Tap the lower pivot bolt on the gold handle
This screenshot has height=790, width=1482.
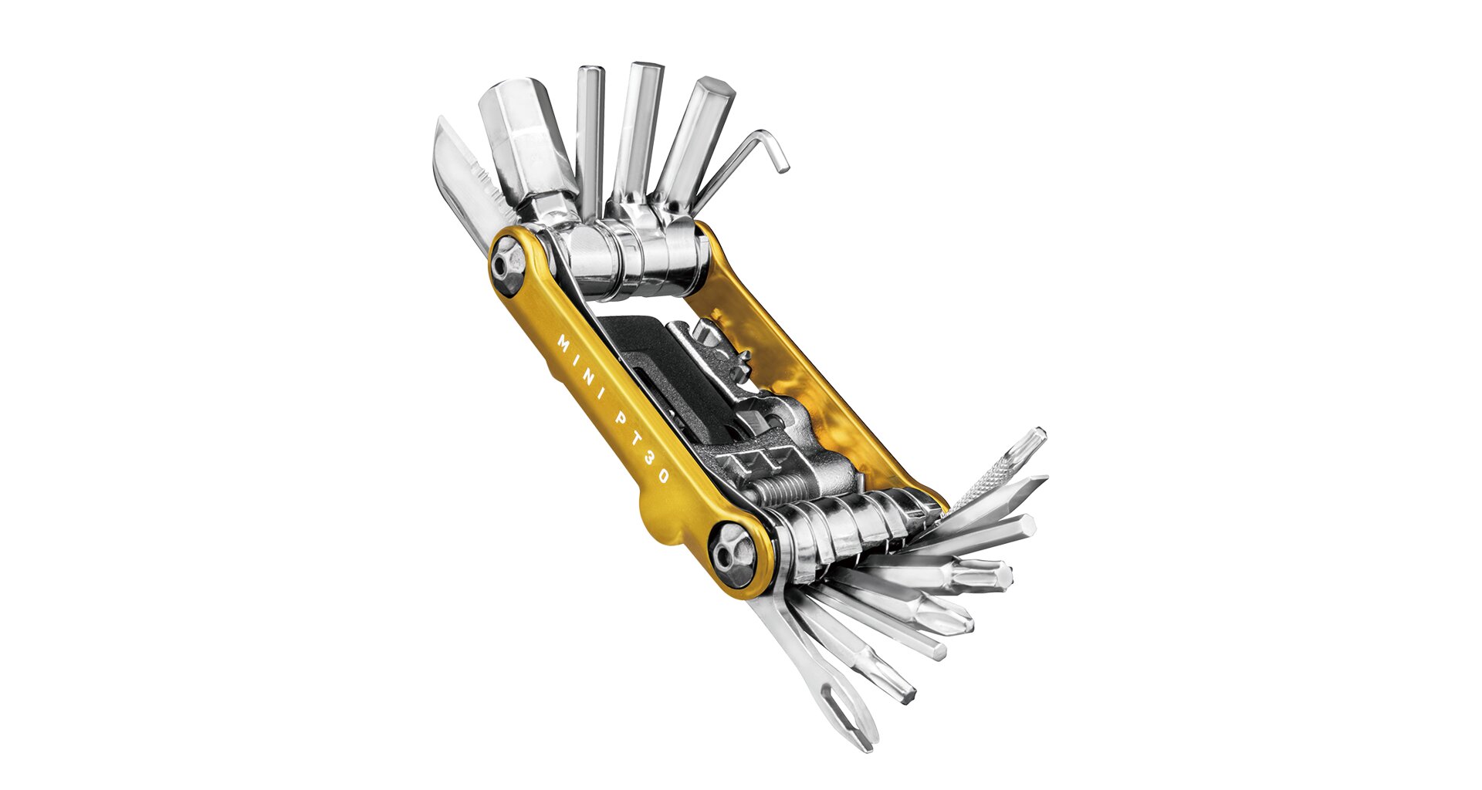730,553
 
